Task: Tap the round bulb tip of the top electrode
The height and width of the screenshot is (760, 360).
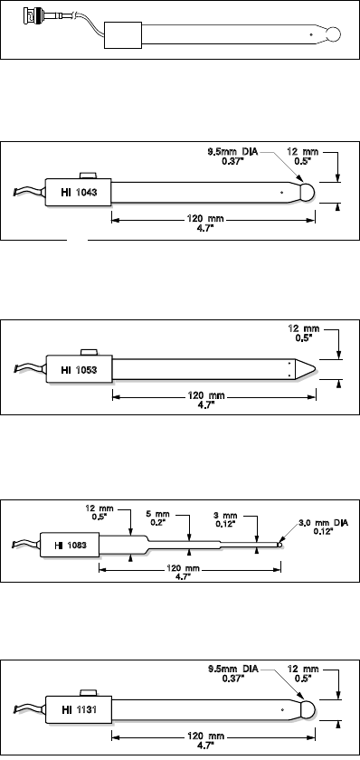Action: [333, 34]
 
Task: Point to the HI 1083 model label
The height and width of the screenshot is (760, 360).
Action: [71, 546]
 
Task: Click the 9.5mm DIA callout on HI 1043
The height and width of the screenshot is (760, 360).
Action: [229, 156]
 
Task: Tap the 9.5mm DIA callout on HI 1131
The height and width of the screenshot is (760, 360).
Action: [233, 673]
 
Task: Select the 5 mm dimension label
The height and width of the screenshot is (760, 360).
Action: [156, 518]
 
